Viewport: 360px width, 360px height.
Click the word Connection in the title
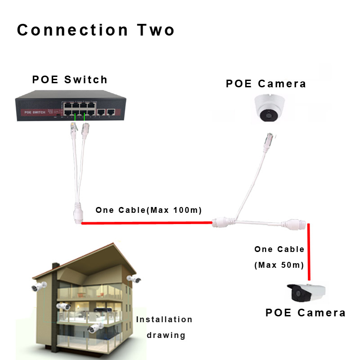(x=72, y=30)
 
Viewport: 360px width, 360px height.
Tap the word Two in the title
(x=156, y=30)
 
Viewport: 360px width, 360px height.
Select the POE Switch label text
(x=70, y=80)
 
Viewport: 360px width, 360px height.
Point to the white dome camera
(x=270, y=108)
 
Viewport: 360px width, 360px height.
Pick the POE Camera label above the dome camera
(x=266, y=84)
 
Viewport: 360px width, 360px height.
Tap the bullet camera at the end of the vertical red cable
(x=306, y=293)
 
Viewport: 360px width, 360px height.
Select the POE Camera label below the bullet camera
(x=306, y=313)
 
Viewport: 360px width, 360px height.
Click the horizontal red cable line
(x=147, y=223)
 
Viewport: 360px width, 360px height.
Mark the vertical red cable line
(x=309, y=252)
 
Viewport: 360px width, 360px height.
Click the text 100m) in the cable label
(x=187, y=210)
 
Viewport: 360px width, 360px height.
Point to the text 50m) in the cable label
(x=292, y=265)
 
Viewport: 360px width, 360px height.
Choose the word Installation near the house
(x=164, y=319)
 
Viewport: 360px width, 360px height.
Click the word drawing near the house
(x=166, y=335)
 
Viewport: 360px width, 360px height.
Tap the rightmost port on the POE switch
(x=111, y=112)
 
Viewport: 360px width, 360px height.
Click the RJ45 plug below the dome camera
(x=269, y=140)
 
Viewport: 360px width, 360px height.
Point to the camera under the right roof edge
(x=134, y=279)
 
